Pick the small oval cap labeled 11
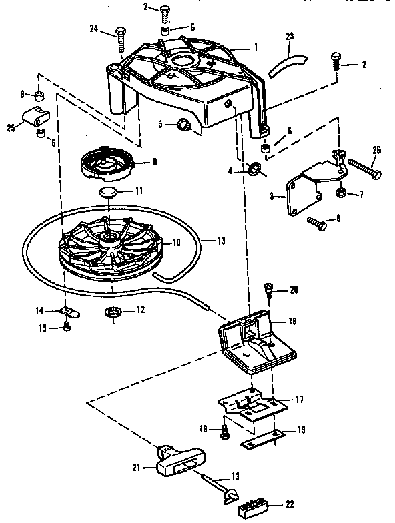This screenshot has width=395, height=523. pyautogui.click(x=108, y=192)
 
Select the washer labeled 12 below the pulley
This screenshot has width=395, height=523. pyautogui.click(x=112, y=312)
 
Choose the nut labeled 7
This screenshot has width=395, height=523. pyautogui.click(x=338, y=193)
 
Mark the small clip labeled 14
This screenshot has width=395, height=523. pyautogui.click(x=69, y=312)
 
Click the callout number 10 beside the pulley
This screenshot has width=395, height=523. pyautogui.click(x=177, y=243)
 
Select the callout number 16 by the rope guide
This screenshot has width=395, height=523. pyautogui.click(x=292, y=321)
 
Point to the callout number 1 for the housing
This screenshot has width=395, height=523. pyautogui.click(x=254, y=47)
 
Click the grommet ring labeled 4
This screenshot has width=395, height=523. pyautogui.click(x=253, y=169)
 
